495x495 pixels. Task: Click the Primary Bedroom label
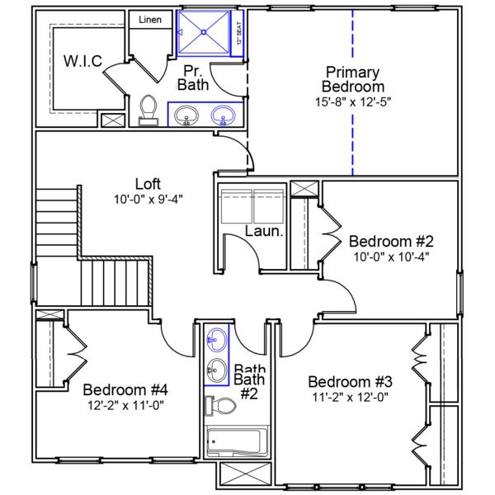pyautogui.click(x=353, y=78)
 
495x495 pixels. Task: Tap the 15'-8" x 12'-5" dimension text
pyautogui.click(x=353, y=101)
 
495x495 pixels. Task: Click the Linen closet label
pyautogui.click(x=149, y=19)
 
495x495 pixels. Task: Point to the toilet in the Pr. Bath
pyautogui.click(x=148, y=110)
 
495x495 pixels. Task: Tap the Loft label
pyautogui.click(x=148, y=184)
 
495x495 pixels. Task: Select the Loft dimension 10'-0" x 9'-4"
pyautogui.click(x=148, y=200)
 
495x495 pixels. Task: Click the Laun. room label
pyautogui.click(x=264, y=232)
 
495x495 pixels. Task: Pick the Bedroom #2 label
pyautogui.click(x=391, y=241)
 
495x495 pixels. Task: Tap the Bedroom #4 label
pyautogui.click(x=125, y=389)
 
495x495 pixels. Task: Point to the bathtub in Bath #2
pyautogui.click(x=237, y=443)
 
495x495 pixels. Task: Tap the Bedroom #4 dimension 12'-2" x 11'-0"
pyautogui.click(x=125, y=405)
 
